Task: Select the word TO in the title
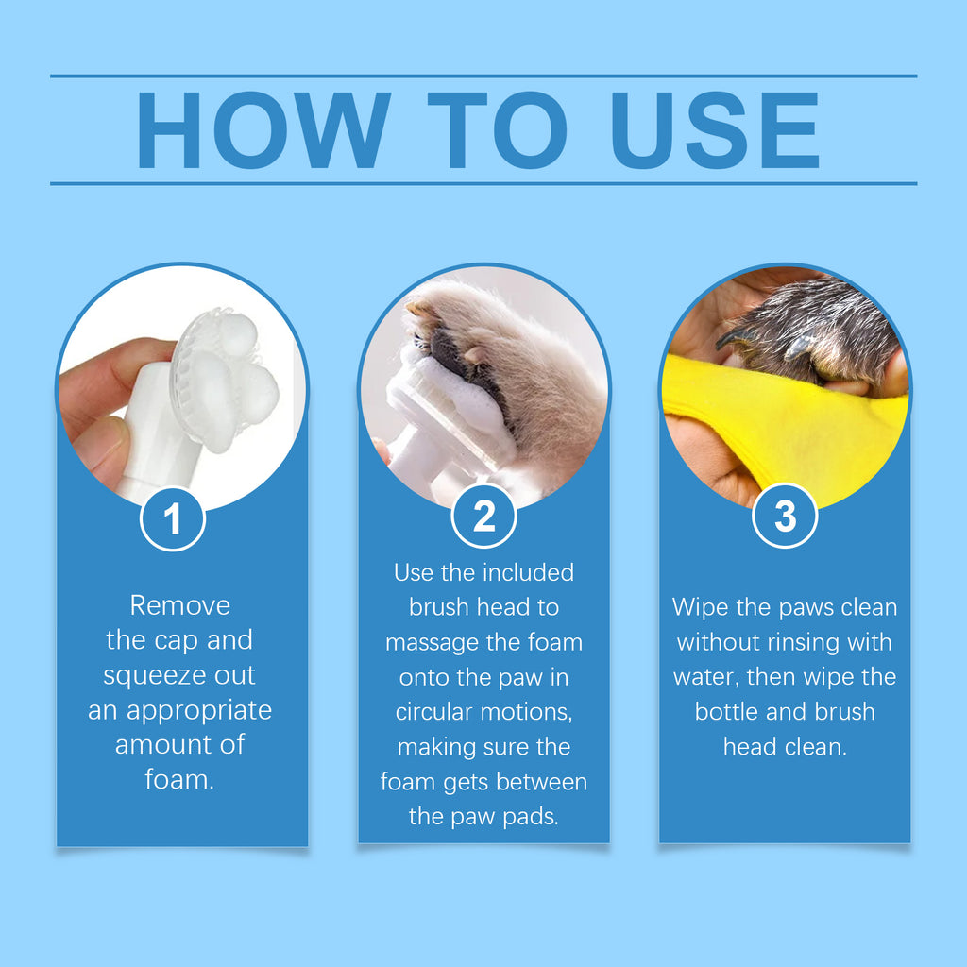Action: pyautogui.click(x=498, y=130)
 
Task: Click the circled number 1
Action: pyautogui.click(x=173, y=518)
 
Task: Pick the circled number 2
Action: pyautogui.click(x=483, y=517)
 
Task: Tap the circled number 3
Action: pyautogui.click(x=785, y=517)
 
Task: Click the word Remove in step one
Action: pyautogui.click(x=179, y=605)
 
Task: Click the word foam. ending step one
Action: pyautogui.click(x=179, y=780)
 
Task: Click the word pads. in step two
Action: pyautogui.click(x=534, y=815)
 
